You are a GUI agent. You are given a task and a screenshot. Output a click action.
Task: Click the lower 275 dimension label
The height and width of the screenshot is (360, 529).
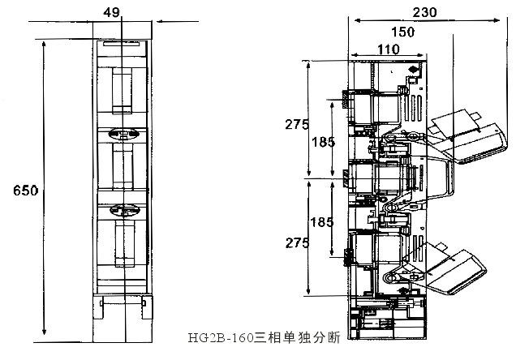point(297,242)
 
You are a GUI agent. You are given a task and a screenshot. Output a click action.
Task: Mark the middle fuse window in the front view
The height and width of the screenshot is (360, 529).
point(121,169)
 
